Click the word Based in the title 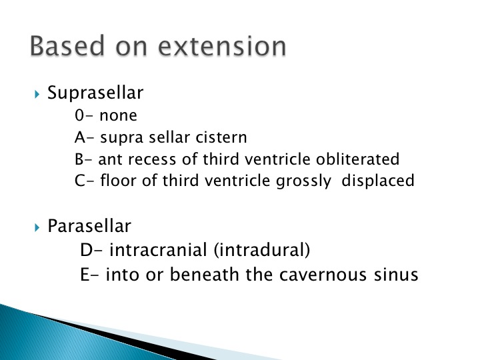point(67,45)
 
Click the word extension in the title point(222,46)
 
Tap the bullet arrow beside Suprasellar point(37,94)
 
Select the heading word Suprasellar point(95,93)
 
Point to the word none point(118,116)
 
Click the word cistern point(221,137)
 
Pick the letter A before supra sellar point(79,137)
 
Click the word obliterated point(357,159)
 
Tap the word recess point(152,159)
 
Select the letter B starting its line point(79,159)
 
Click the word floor point(119,180)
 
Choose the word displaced point(378,181)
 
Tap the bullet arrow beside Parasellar point(37,227)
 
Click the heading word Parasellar point(89,226)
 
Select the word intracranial point(158,250)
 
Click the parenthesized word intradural point(262,250)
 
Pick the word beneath point(204,274)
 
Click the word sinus point(396,274)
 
